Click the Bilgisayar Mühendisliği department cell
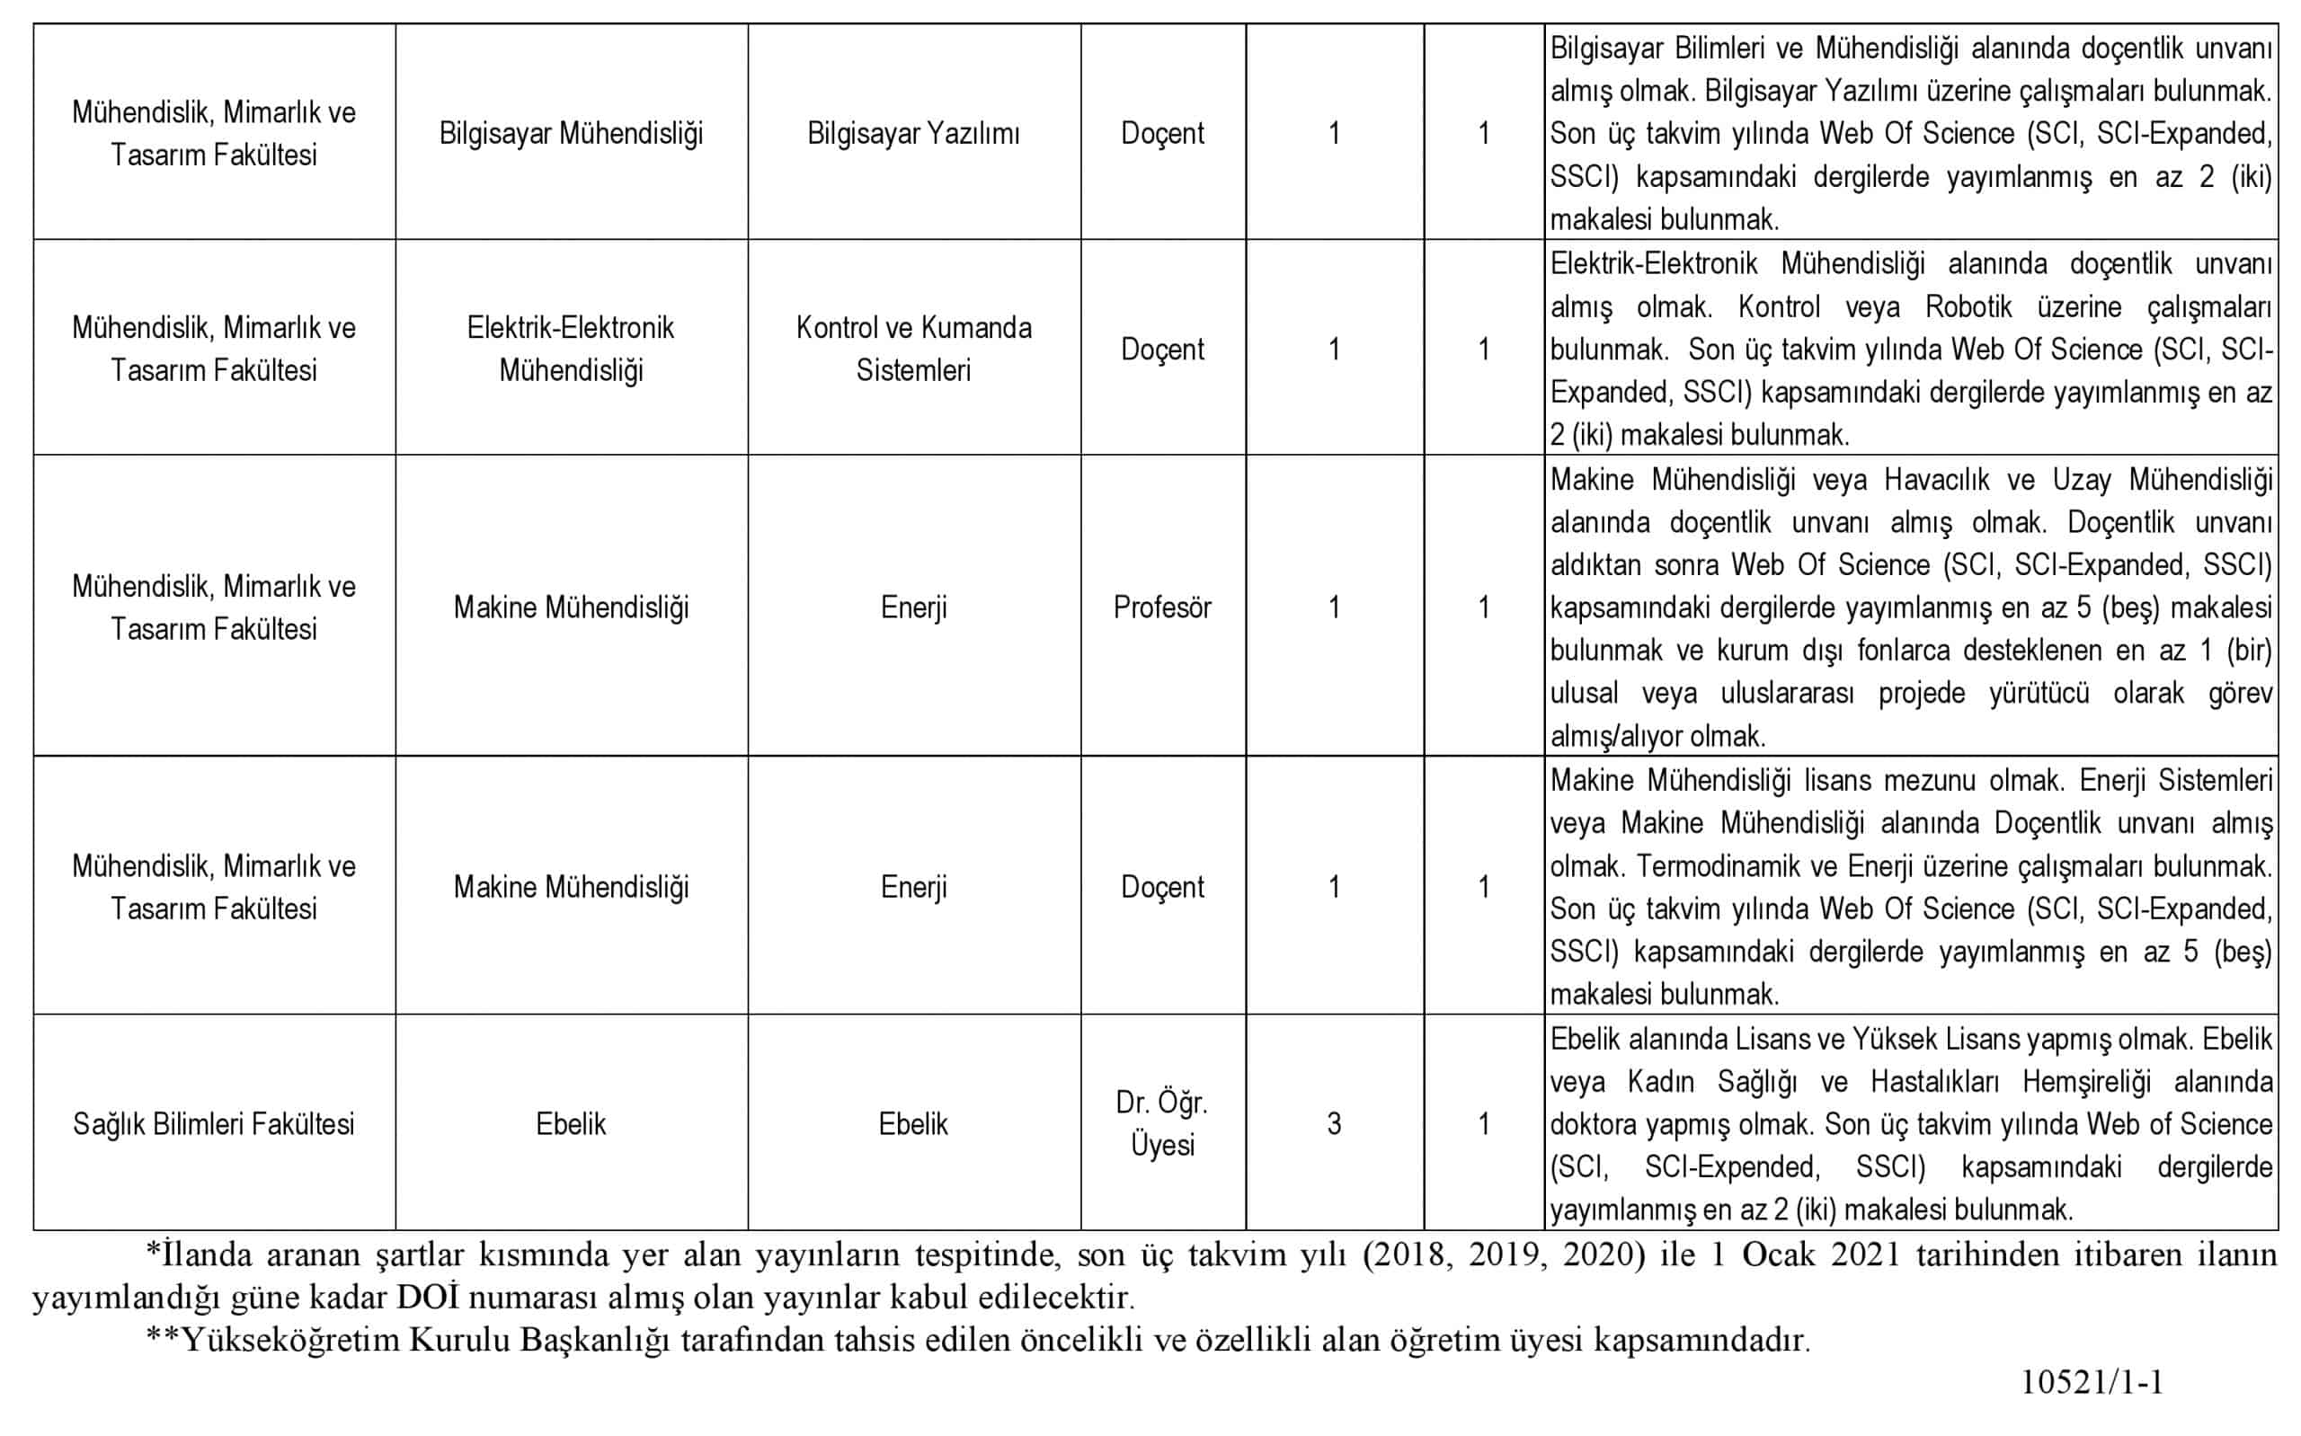click(x=571, y=134)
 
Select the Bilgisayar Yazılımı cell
click(x=912, y=134)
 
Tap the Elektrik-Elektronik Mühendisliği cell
click(x=571, y=349)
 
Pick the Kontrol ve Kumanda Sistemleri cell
click(x=912, y=349)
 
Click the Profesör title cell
click(x=1161, y=607)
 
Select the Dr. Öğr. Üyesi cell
click(x=1161, y=1123)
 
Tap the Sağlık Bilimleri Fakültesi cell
click(x=214, y=1124)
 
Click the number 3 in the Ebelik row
click(x=1333, y=1124)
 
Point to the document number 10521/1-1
click(x=2092, y=1382)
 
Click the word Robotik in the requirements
click(x=1968, y=306)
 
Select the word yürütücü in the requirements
click(x=2039, y=694)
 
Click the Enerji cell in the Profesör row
click(x=912, y=607)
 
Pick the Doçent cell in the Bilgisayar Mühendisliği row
click(x=1161, y=134)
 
